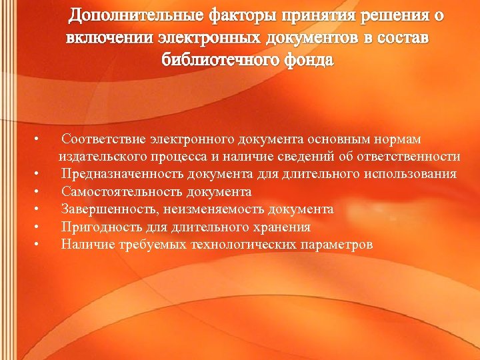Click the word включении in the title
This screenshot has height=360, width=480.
tap(109, 37)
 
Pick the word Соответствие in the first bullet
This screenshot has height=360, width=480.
tap(103, 139)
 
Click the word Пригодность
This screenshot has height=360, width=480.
tap(97, 227)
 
